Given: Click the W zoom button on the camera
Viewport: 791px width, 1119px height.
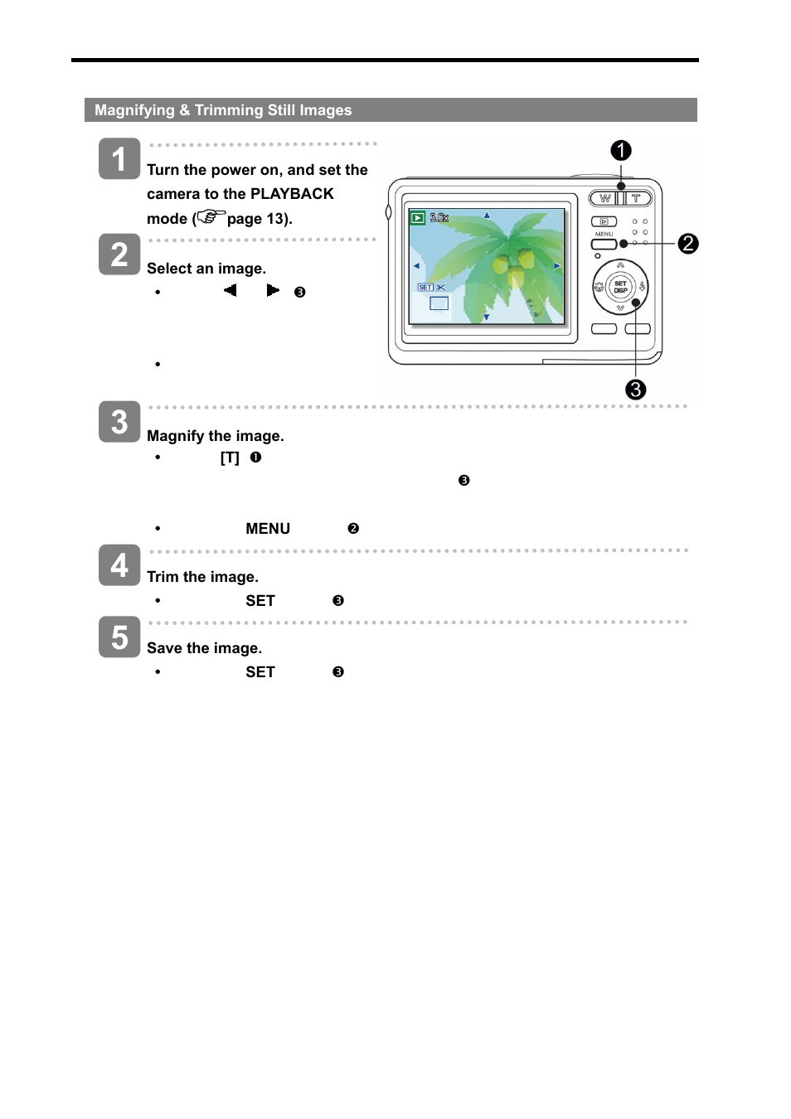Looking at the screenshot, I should tap(605, 199).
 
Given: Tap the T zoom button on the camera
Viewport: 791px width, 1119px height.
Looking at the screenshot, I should tap(637, 199).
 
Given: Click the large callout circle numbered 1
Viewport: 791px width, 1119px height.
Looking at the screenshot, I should tap(621, 151).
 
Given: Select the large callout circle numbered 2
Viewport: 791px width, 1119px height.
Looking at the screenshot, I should tap(688, 244).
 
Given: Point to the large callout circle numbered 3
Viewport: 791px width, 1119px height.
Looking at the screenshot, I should tap(636, 390).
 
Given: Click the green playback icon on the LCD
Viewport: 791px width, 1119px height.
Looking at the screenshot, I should tap(418, 218).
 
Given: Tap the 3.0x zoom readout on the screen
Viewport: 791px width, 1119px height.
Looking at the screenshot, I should tap(439, 218).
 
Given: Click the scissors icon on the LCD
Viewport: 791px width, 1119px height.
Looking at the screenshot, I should tap(442, 288).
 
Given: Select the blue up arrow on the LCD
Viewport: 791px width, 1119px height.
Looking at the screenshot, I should tap(487, 216).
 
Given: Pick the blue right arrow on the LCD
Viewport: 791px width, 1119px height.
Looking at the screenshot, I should tap(557, 266).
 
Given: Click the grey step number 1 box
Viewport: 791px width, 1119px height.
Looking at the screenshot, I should tap(119, 159).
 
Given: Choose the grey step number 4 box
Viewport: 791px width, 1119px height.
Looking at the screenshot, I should tap(119, 565).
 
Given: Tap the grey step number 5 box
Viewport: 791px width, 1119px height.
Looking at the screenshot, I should tap(119, 637).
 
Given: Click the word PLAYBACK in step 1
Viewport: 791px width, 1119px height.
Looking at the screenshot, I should tap(292, 194).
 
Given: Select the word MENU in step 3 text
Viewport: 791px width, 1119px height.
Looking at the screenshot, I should tap(268, 529).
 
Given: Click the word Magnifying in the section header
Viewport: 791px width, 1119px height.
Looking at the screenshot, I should tap(134, 110).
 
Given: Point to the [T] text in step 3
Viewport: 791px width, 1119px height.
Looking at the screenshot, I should tap(230, 458).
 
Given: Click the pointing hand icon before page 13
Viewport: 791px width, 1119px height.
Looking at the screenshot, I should tap(212, 217).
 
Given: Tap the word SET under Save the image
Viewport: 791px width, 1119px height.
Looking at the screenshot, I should tap(260, 672).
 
